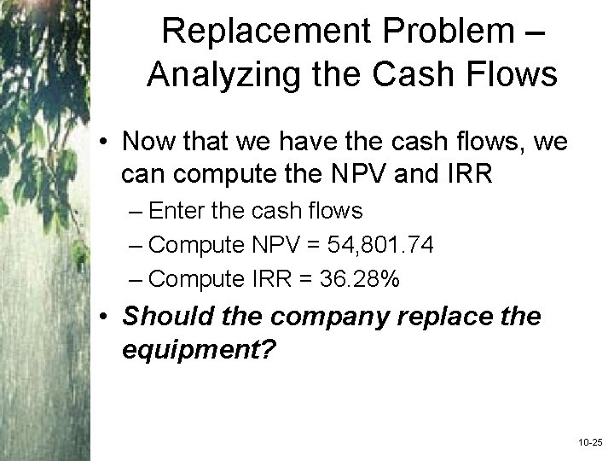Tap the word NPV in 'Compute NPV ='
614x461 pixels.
click(274, 245)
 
